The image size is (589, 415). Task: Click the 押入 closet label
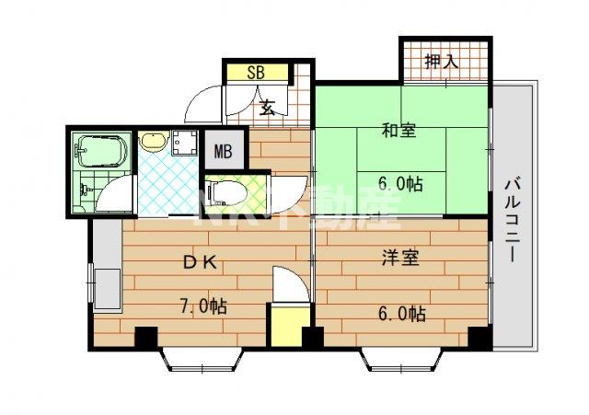(x=441, y=63)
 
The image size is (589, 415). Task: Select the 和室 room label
(x=398, y=131)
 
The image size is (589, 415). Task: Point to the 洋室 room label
(x=400, y=259)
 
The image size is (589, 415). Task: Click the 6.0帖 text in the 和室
(x=400, y=183)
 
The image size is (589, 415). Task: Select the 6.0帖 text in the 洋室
(x=401, y=313)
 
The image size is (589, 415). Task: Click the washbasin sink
(x=151, y=143)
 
